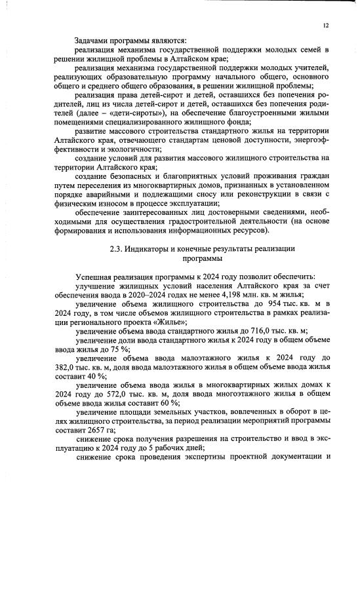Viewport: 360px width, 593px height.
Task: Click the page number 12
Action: point(325,26)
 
